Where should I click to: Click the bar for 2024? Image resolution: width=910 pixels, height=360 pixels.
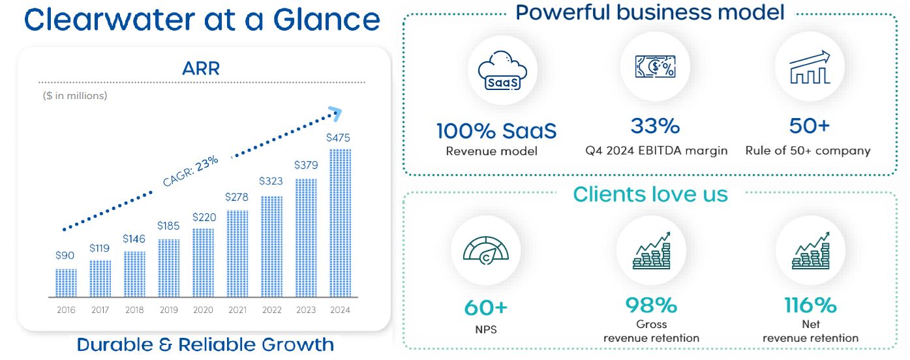(340, 223)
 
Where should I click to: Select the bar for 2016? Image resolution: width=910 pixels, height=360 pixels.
(66, 283)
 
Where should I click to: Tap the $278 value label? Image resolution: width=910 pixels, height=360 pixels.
(236, 197)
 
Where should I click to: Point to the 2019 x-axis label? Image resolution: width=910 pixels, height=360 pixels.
(168, 310)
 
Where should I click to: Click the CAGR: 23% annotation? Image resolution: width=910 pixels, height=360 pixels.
(190, 171)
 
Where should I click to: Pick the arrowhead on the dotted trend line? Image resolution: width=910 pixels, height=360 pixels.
(335, 113)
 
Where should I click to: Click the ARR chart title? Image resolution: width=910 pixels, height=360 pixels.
(201, 68)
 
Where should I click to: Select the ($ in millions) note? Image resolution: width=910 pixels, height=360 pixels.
(75, 96)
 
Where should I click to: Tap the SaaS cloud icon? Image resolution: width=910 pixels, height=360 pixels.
(502, 70)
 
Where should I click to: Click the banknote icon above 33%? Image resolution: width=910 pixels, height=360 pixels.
(655, 67)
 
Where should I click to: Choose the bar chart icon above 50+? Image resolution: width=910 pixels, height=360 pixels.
(810, 67)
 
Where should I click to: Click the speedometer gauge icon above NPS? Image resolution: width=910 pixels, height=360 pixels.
(486, 250)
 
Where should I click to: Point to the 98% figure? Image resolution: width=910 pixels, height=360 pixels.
(651, 305)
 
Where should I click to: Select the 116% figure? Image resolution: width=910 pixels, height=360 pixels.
(810, 305)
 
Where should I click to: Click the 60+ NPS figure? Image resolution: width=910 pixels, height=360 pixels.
(486, 308)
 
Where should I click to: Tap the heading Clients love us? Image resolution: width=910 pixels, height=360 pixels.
(650, 194)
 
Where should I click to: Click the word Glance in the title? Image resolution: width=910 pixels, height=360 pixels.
(326, 20)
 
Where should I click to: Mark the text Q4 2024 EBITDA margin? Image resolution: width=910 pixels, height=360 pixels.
(656, 151)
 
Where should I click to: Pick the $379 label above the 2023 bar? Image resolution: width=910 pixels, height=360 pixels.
(306, 165)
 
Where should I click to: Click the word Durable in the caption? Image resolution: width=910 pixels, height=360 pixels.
(114, 344)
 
